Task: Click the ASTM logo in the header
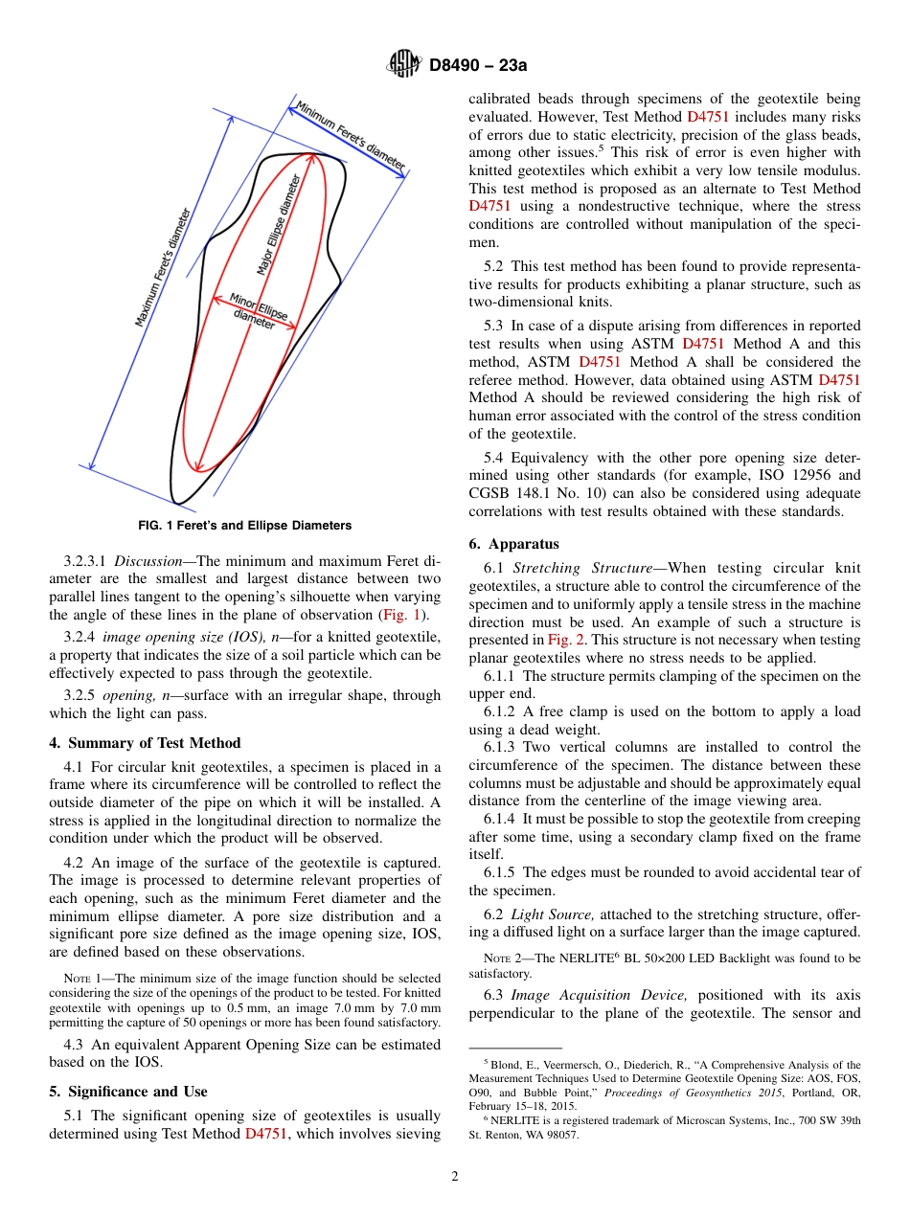coord(403,64)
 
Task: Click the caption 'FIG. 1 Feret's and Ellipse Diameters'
coord(245,526)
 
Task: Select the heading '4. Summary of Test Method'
coord(145,743)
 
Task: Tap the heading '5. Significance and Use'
coord(128,1092)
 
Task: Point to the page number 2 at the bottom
coord(455,1177)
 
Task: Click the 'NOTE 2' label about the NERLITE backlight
coord(508,959)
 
